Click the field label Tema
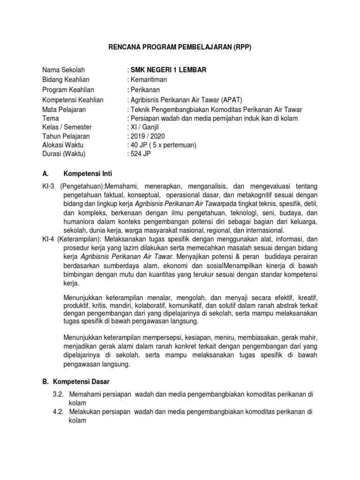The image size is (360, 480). (x=51, y=119)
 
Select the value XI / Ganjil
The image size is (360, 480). (x=146, y=127)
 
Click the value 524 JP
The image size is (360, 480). (x=142, y=154)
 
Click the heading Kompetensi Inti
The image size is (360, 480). (x=88, y=173)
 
